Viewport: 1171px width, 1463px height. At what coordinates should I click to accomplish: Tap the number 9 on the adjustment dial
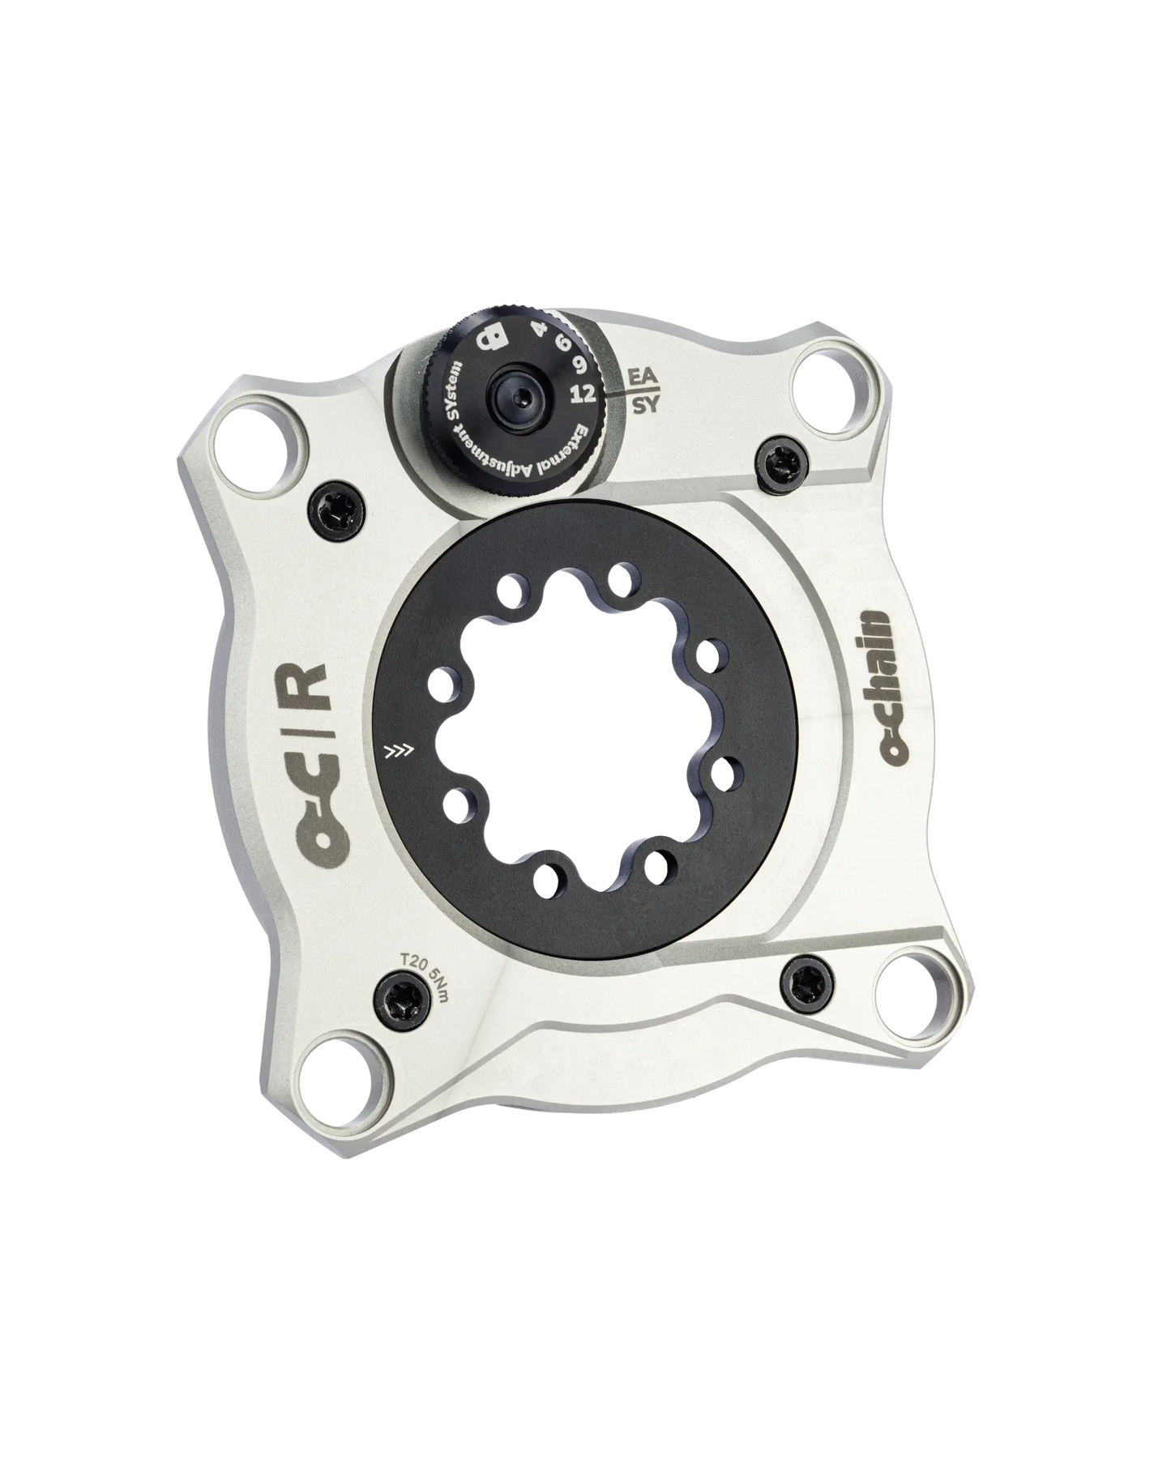[x=579, y=365]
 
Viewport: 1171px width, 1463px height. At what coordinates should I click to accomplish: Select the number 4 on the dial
[x=536, y=330]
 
